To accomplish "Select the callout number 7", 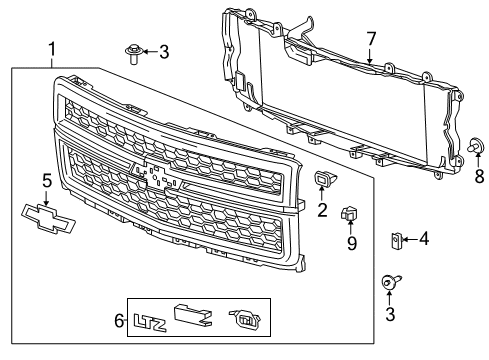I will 370,38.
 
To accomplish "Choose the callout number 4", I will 424,238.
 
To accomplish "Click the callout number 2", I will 322,210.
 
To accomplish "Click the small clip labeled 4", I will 396,239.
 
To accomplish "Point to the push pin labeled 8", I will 476,146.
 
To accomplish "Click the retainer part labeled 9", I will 350,212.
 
